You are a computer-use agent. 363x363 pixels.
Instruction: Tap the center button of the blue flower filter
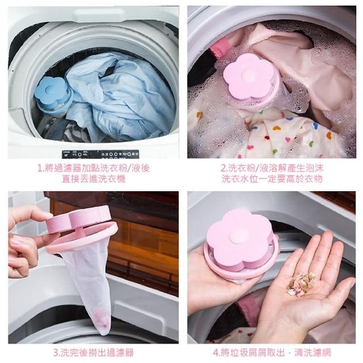point(49,88)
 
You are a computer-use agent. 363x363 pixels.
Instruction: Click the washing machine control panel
point(100,154)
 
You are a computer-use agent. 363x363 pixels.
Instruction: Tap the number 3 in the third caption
point(56,353)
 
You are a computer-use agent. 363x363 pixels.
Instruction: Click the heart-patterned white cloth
point(273,134)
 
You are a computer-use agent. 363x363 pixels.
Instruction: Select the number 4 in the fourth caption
point(216,353)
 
